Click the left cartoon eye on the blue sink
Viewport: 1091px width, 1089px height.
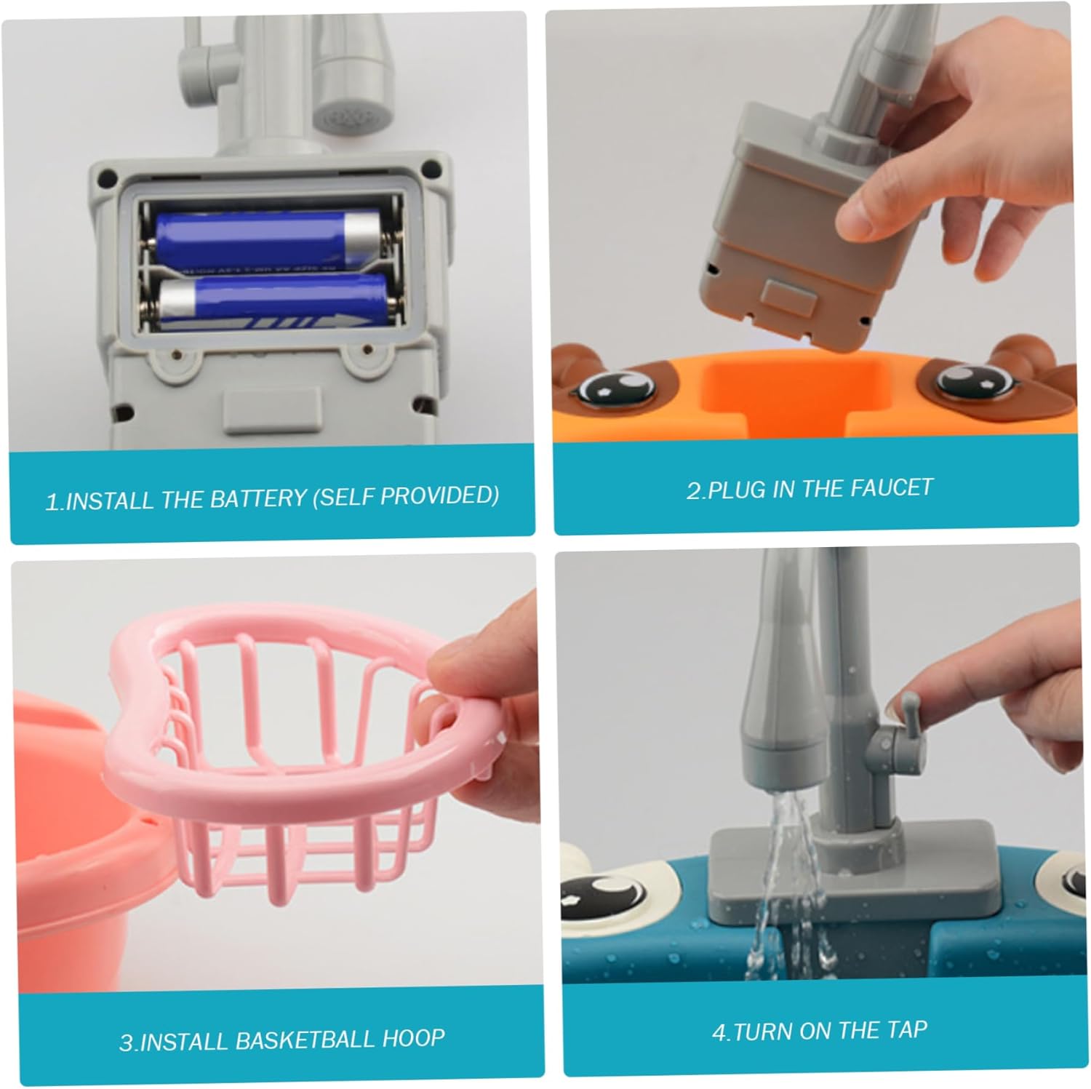pyautogui.click(x=598, y=895)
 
